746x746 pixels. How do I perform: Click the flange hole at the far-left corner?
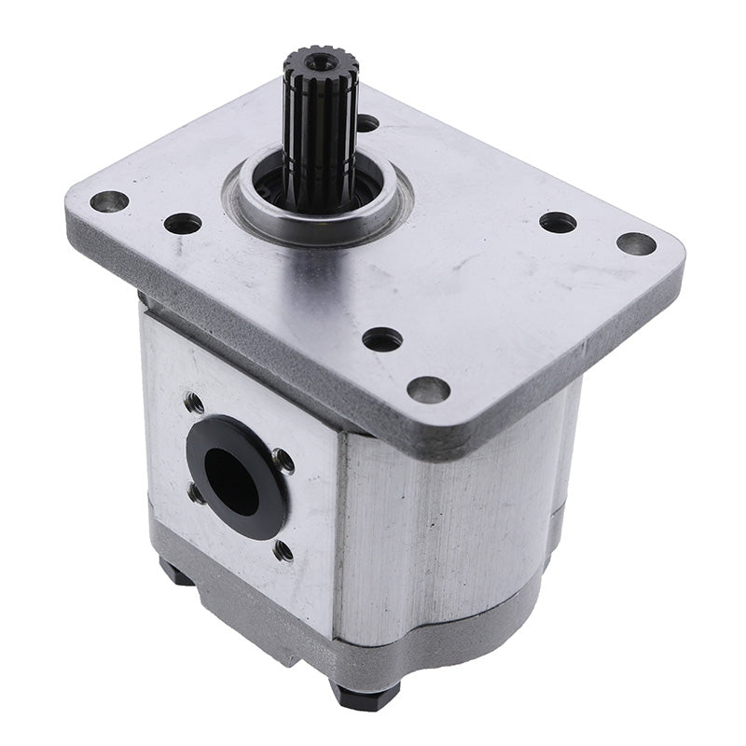(109, 200)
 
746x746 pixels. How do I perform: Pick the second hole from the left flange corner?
(182, 224)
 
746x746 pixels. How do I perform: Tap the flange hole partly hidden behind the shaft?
(367, 122)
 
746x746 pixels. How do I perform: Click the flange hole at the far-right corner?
(636, 243)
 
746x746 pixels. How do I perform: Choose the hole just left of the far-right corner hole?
(558, 222)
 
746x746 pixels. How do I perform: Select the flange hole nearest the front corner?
(428, 389)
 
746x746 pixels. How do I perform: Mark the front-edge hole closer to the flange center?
(382, 339)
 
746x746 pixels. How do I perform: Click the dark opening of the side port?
(229, 480)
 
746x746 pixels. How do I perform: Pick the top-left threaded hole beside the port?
(194, 403)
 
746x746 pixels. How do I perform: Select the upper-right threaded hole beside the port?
(283, 461)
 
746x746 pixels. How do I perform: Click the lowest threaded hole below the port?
(283, 550)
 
